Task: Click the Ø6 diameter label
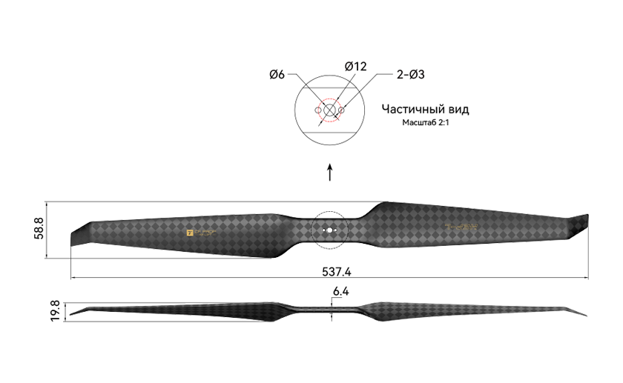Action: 277,74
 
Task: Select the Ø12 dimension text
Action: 356,67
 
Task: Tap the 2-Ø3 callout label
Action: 410,74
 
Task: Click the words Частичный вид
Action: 425,109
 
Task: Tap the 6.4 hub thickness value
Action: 340,292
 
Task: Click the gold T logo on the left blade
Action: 189,232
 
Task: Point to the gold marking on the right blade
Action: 461,227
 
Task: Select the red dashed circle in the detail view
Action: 330,110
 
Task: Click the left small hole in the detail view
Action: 317,110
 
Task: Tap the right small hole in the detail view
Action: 342,110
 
